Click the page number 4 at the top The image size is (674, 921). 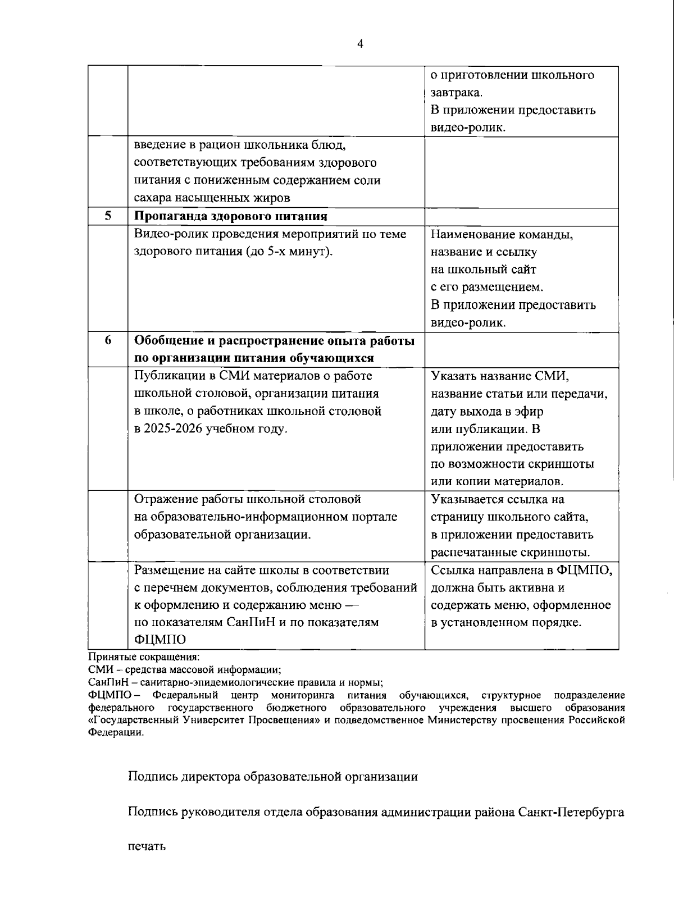pyautogui.click(x=360, y=44)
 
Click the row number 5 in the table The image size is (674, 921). pyautogui.click(x=108, y=216)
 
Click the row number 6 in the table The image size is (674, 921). pyautogui.click(x=108, y=341)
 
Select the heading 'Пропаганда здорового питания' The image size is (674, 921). pyautogui.click(x=231, y=216)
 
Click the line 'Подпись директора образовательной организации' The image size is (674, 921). pyautogui.click(x=273, y=777)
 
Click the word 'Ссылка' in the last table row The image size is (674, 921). pyautogui.click(x=452, y=571)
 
